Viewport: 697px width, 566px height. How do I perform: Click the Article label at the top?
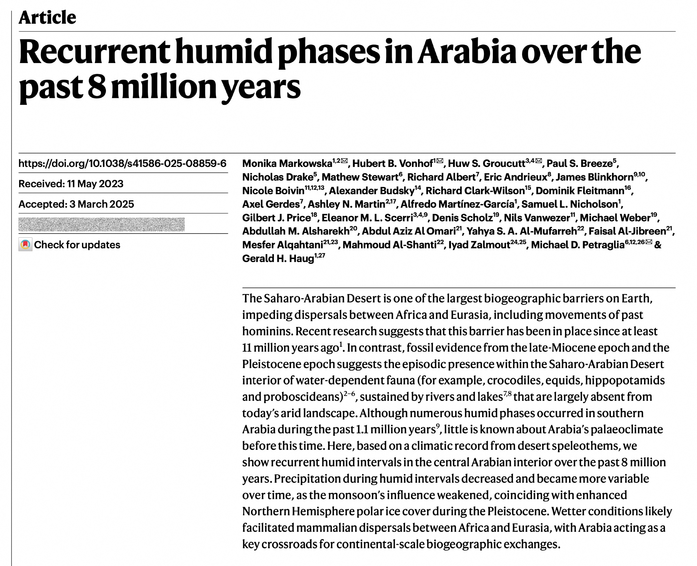(x=47, y=17)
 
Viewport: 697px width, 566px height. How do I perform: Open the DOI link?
(x=122, y=163)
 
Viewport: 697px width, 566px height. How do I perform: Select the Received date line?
(x=71, y=184)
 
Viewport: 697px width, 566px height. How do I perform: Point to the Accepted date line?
(x=76, y=204)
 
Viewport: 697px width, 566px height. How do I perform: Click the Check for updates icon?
(x=25, y=245)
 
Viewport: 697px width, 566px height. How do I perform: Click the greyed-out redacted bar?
(x=101, y=224)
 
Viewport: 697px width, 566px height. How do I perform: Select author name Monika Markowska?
(x=287, y=163)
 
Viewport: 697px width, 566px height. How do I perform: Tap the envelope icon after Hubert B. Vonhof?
(x=440, y=161)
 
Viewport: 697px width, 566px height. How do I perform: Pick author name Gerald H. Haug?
(x=278, y=259)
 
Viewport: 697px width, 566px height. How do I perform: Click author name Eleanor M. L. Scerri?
(x=367, y=218)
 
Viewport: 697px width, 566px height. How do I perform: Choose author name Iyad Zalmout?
(x=479, y=245)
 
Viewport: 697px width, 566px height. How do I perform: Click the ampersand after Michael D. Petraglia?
(x=658, y=245)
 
